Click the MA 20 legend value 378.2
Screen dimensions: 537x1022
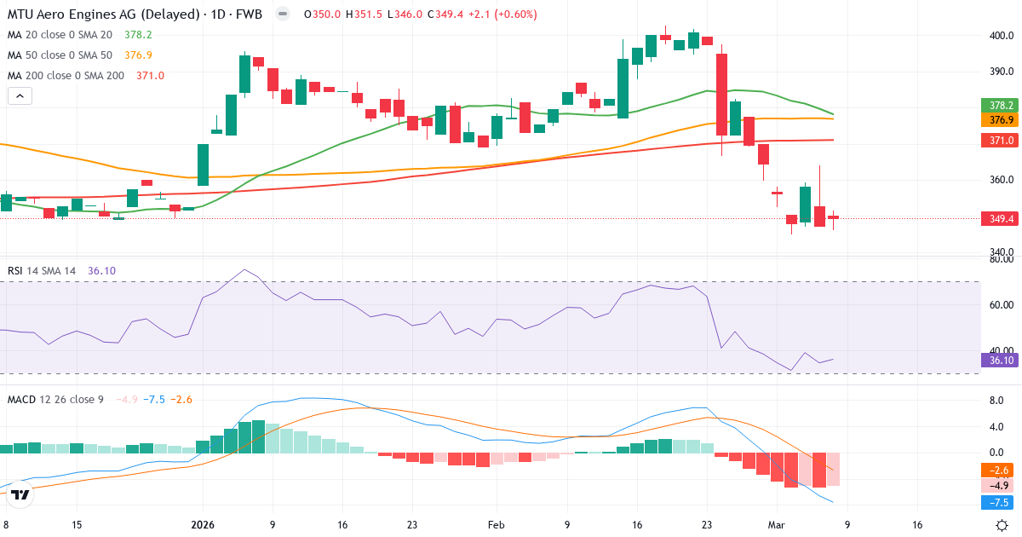tap(138, 35)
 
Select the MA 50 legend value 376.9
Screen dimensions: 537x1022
tap(138, 55)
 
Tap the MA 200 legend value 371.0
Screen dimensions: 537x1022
tap(150, 76)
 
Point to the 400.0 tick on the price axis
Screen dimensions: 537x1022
tap(1001, 36)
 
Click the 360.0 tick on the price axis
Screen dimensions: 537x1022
tap(1001, 180)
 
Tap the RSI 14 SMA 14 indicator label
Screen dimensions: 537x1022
tap(42, 271)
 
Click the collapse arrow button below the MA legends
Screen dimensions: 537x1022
tap(20, 96)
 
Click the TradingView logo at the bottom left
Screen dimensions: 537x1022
tap(21, 494)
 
